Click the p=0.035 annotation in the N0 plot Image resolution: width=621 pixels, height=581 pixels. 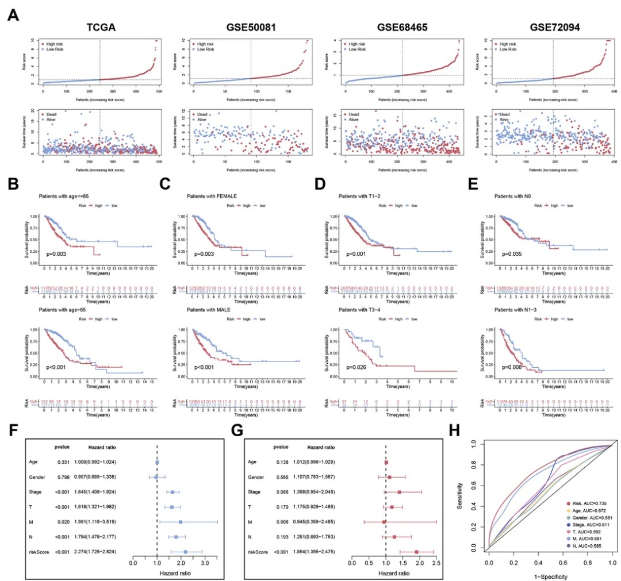(x=513, y=252)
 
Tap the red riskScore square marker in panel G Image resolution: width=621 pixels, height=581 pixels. (x=417, y=552)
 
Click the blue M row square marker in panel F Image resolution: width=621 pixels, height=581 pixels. (x=181, y=522)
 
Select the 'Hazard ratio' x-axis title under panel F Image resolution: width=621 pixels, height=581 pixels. (x=158, y=576)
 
